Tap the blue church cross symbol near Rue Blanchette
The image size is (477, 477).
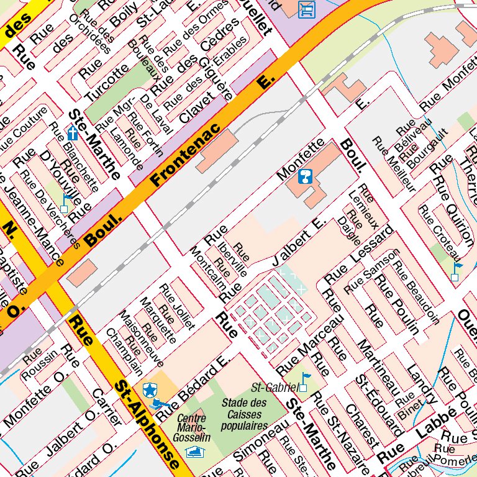(73, 133)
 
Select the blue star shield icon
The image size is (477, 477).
(149, 389)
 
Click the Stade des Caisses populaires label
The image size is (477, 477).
(244, 415)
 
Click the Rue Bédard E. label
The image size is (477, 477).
(193, 383)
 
